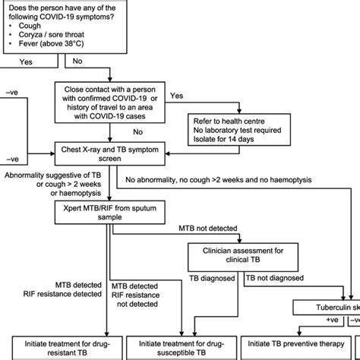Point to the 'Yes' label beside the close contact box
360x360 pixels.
pos(176,96)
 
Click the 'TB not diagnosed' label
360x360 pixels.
pos(276,279)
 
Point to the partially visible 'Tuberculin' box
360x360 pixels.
pos(334,306)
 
